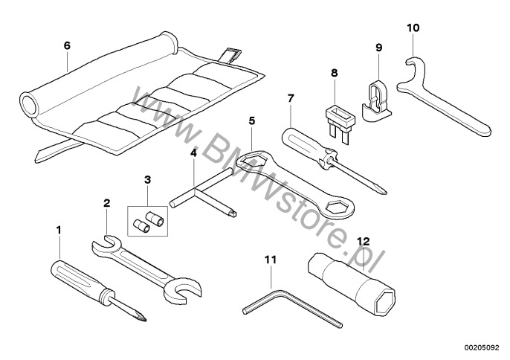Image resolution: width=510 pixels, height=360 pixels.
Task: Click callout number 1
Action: (x=59, y=231)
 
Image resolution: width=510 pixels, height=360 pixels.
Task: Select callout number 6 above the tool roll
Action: (x=67, y=45)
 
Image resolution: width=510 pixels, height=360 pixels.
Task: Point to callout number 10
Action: (x=413, y=29)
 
